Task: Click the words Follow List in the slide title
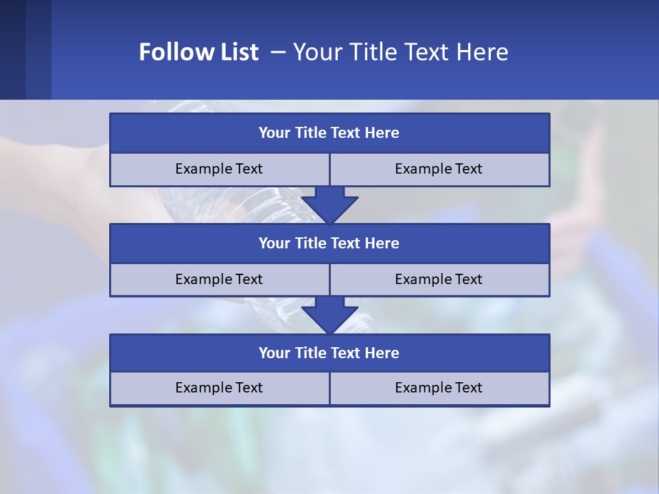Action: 198,52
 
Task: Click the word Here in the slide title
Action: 481,52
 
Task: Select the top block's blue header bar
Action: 329,133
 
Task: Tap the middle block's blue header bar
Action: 329,243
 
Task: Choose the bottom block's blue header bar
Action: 329,353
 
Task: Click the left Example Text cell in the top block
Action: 219,169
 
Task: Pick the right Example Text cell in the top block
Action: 439,169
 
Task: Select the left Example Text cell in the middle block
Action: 219,279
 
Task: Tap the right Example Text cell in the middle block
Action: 439,279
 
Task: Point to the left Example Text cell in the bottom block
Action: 219,388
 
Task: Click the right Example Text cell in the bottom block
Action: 439,388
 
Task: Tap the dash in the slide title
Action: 278,52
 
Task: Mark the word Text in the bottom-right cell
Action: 467,388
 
